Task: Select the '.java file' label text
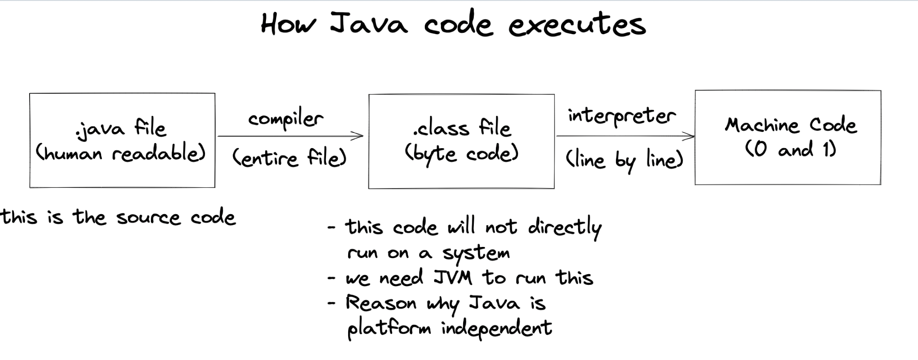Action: point(121,128)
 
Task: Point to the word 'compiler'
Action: point(286,119)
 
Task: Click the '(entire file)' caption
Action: point(290,158)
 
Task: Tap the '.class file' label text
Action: point(462,128)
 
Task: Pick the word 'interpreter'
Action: point(622,116)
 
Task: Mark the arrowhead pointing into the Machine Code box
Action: point(690,136)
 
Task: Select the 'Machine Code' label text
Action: point(791,125)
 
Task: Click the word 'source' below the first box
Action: point(148,218)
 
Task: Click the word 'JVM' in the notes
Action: point(453,278)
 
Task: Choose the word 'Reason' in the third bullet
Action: point(381,303)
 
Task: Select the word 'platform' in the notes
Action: point(389,329)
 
